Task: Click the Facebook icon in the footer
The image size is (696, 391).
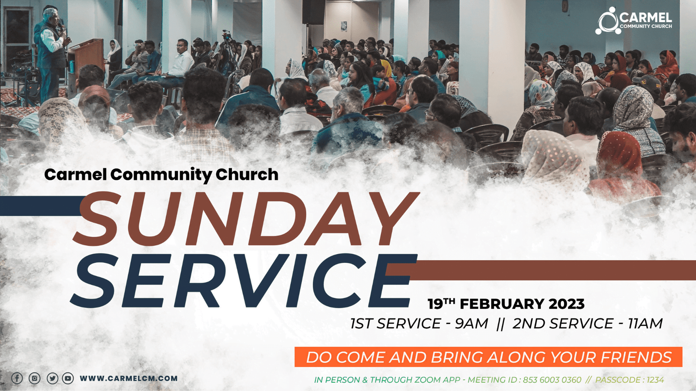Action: pos(17,378)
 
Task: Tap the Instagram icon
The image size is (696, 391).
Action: pos(34,378)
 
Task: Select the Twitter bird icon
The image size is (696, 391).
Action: pos(52,378)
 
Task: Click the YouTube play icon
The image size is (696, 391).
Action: pos(68,378)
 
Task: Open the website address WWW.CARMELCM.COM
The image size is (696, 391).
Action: pos(129,378)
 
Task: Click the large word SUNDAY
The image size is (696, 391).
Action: pos(245,219)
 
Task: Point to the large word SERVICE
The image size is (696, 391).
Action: pos(244,281)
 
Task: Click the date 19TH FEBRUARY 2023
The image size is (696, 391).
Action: pos(506,304)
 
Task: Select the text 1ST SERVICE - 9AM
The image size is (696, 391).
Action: pos(419,323)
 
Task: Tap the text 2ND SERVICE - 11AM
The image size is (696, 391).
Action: pos(588,323)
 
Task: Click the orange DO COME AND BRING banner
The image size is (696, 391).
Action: pos(489,357)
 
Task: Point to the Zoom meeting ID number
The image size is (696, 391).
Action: pos(552,380)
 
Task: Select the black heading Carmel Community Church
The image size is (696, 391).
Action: pos(161,175)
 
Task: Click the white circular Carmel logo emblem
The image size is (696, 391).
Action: pos(608,21)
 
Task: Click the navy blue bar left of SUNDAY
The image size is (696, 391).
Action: pos(41,206)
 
